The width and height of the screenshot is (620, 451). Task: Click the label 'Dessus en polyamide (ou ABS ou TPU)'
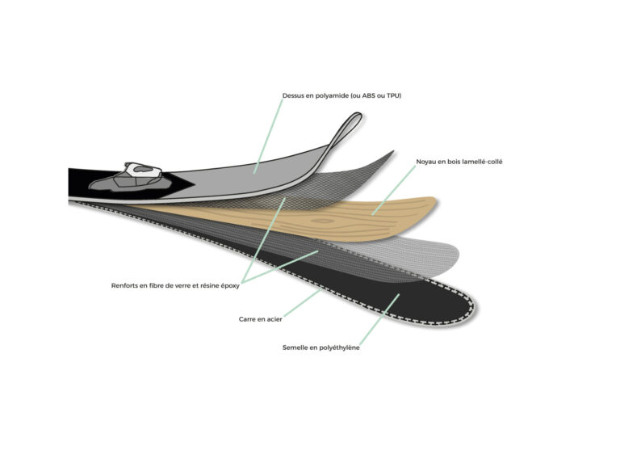click(341, 96)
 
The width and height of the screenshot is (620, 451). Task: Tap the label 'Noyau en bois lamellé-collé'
click(459, 162)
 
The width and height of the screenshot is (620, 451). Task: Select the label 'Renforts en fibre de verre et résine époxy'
click(175, 285)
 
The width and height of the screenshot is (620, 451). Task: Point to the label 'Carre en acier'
click(260, 319)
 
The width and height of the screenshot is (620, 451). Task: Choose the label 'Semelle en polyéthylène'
click(320, 348)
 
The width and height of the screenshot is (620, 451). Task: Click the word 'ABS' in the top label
click(368, 96)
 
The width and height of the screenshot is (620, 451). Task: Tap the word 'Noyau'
click(425, 162)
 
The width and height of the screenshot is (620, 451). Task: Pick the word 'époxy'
click(230, 286)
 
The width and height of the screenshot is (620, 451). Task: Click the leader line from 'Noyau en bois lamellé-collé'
click(394, 191)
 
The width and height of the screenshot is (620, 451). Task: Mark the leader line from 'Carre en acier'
click(302, 303)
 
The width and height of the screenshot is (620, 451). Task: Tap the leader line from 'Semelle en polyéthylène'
click(379, 319)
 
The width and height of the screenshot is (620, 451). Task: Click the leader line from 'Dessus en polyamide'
click(268, 137)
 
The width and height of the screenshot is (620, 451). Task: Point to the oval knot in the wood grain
click(323, 221)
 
